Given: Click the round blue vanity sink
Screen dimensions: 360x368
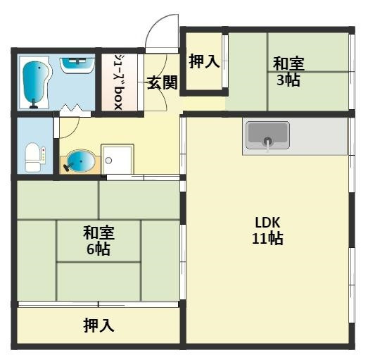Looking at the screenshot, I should click(x=79, y=162).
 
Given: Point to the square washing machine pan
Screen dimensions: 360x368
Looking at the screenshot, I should click(x=117, y=159).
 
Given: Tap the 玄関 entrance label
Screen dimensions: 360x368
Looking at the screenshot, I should click(x=162, y=82).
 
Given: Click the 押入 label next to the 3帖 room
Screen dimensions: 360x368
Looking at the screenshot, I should click(x=203, y=62).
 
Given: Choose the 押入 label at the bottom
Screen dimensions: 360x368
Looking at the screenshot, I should click(x=99, y=325).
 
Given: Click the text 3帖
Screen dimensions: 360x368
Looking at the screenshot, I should click(x=288, y=80).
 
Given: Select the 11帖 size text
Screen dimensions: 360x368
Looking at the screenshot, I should click(x=267, y=238).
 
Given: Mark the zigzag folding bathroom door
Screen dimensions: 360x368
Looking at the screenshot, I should click(x=74, y=110).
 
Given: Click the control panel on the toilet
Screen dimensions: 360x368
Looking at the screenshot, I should click(x=44, y=153).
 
